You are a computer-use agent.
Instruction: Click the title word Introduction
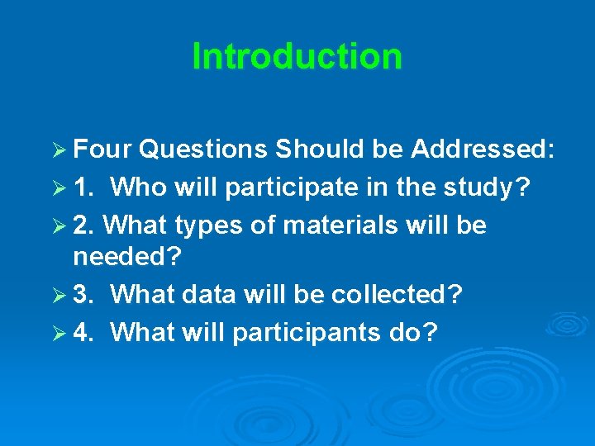tap(297, 56)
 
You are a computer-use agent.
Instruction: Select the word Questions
tap(203, 149)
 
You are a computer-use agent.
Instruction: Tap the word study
tap(488, 188)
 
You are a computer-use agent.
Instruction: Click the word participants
tap(302, 332)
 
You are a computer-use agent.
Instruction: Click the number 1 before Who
tap(82, 187)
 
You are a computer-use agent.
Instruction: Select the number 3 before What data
tap(82, 294)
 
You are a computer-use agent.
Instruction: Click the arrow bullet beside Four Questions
tap(58, 150)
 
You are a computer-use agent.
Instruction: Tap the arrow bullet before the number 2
tap(58, 225)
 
